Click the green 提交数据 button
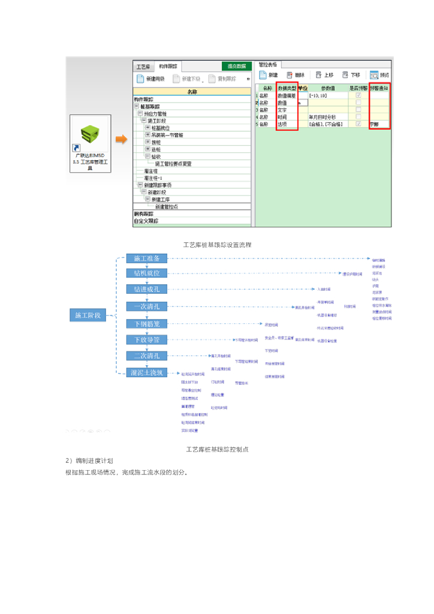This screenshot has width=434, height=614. pos(237,67)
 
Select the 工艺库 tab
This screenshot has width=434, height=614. pos(143,67)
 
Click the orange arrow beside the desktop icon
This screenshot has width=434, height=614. pos(122,140)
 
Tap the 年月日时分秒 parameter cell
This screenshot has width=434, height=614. pos(324,117)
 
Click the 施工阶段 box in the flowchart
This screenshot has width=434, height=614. pos(88,315)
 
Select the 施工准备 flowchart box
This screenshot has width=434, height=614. pos(147,258)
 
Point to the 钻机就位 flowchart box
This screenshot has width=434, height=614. pos(147,273)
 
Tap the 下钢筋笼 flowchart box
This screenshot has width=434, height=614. pos(147,324)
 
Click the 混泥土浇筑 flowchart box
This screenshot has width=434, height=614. pos(147,372)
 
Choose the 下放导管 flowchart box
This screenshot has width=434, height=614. pos(147,340)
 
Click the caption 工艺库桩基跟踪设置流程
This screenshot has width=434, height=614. pos(217,245)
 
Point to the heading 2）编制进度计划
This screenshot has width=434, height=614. pos(90,460)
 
